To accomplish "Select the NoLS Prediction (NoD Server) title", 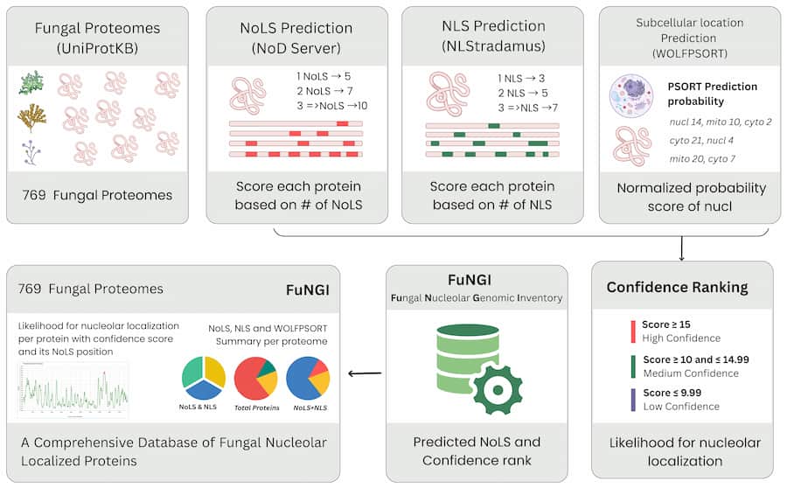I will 296,37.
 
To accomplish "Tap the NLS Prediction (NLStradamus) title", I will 492,37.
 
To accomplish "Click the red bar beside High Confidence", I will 631,331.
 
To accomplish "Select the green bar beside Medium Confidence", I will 631,366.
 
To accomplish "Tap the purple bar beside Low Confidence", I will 631,399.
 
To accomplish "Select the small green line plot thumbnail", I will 73,385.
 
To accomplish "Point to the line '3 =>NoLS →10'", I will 332,106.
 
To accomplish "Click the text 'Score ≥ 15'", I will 669,324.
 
